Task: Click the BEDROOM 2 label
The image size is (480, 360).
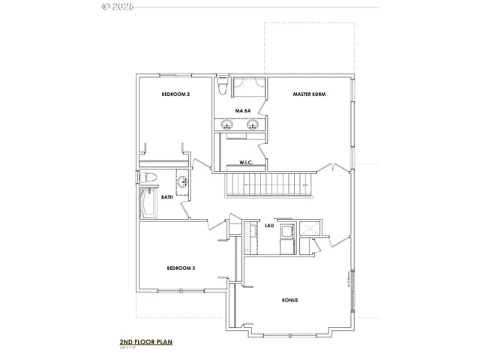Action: [176, 94]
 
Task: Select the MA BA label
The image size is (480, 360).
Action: [241, 111]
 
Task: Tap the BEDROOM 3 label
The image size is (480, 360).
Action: [181, 268]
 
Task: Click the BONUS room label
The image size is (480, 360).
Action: [290, 300]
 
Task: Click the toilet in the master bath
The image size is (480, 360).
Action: [222, 88]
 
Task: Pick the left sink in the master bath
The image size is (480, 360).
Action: [226, 124]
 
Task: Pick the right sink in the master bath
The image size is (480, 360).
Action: [253, 124]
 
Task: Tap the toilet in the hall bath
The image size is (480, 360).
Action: [148, 178]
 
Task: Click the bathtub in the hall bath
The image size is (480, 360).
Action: [148, 203]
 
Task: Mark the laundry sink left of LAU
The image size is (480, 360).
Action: [252, 229]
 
